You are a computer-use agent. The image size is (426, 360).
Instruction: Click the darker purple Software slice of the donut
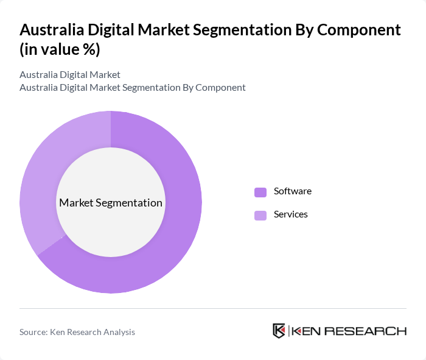[176, 244]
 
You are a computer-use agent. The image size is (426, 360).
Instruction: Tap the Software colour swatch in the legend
[260, 192]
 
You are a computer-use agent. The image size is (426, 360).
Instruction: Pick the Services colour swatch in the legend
[260, 215]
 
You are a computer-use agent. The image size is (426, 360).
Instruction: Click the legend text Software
[292, 191]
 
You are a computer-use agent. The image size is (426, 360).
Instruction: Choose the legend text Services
[290, 214]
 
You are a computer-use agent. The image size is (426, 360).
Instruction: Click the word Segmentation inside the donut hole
[131, 203]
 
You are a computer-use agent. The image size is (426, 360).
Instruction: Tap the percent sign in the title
[89, 49]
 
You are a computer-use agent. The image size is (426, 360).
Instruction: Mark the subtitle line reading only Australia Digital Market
[70, 75]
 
